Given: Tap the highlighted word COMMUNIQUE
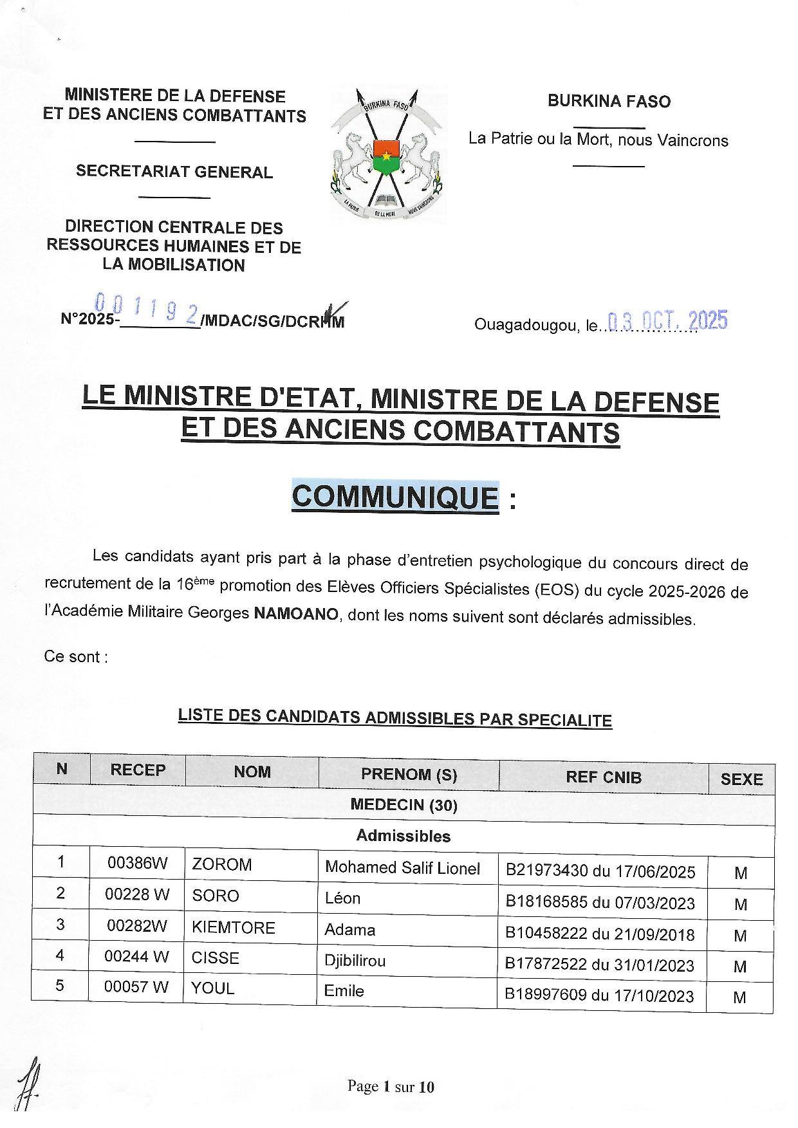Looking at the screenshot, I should (x=395, y=497).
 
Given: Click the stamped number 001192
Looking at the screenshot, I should (x=146, y=309).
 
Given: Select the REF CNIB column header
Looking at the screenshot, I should (x=603, y=777).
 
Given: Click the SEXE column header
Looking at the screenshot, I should (x=741, y=779).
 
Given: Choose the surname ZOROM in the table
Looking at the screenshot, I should (x=221, y=864).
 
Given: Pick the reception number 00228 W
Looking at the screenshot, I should (x=136, y=895).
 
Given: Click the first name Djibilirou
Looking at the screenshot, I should (x=355, y=961).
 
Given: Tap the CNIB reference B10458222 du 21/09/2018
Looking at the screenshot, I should (x=600, y=934).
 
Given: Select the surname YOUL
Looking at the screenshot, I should (x=213, y=988).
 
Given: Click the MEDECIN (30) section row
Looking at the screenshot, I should (x=404, y=805).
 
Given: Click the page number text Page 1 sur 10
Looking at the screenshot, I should (x=391, y=1087).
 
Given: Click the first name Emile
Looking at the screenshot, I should (x=344, y=991).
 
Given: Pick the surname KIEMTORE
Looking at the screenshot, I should (x=233, y=927).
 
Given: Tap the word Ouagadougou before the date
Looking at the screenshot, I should (x=526, y=325).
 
